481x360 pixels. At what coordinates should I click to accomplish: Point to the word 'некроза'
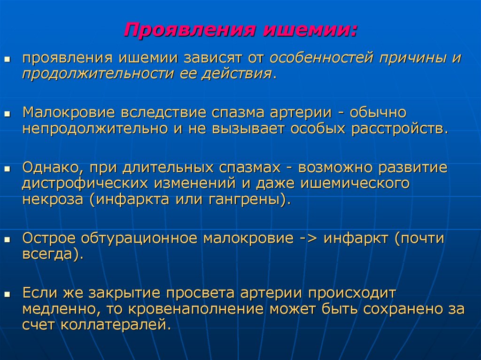52,198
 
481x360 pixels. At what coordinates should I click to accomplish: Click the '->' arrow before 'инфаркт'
308,238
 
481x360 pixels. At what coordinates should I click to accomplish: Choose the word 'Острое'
49,238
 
